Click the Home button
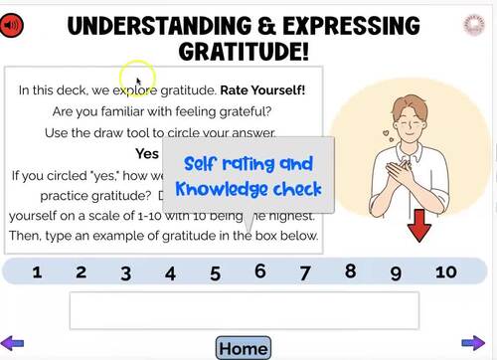244,348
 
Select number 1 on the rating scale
37,271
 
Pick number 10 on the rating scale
446,271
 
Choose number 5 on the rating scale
215,272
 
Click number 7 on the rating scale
305,271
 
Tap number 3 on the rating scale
126,272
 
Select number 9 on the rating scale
395,271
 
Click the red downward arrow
419,228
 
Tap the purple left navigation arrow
13,343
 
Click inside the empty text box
244,310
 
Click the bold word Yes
147,154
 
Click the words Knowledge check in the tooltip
249,188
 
